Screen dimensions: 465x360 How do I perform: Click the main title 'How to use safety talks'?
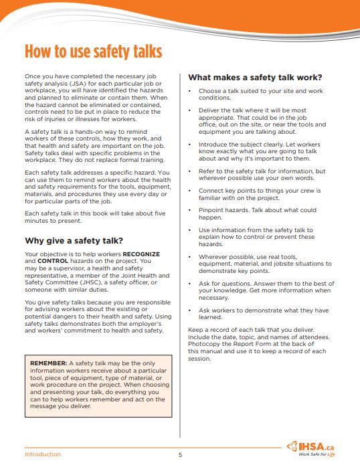click(x=93, y=52)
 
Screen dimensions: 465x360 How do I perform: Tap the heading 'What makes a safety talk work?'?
click(x=255, y=77)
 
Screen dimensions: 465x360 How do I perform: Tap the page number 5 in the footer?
click(x=180, y=455)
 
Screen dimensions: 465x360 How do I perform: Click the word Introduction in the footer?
click(x=43, y=455)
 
